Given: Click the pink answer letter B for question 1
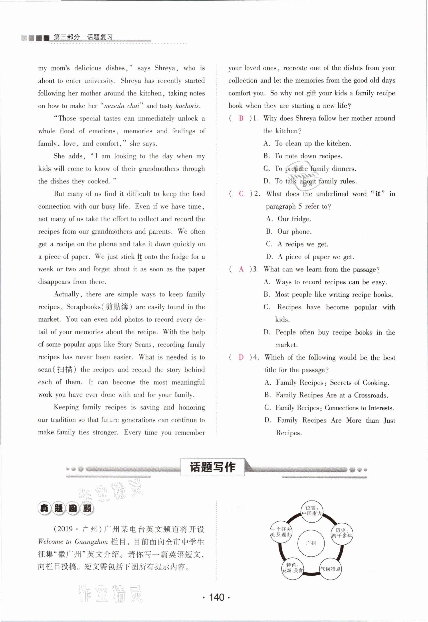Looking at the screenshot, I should coord(241,118).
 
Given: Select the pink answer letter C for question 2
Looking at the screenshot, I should coord(241,194).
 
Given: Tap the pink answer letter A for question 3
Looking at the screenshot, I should coord(241,269).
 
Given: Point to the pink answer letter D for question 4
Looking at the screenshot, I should coord(241,357).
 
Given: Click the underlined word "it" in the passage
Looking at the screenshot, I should coord(139,257).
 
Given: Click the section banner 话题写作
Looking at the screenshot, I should coord(212,467).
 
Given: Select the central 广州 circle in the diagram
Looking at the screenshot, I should coord(311,543).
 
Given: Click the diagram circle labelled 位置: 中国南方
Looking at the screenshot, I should coord(312,511).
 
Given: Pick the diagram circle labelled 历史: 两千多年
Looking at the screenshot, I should coord(342,533).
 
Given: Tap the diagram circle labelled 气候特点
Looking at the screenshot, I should coord(330,569).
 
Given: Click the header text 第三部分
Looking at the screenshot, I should coord(67,37).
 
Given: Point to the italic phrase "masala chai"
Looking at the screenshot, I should coord(122,106).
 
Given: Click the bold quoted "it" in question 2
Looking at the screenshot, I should coord(378,194).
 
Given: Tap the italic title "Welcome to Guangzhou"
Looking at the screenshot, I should coord(73,542).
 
